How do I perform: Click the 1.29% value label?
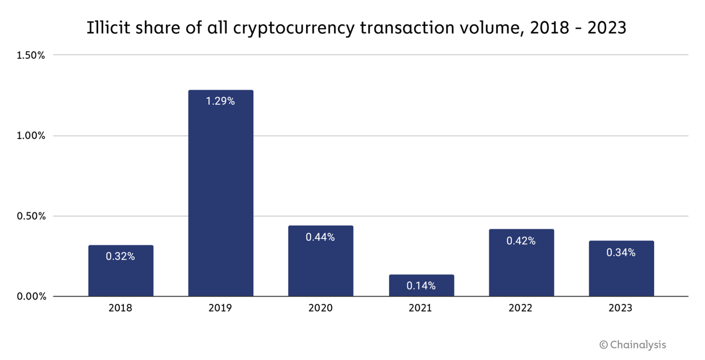[221, 101]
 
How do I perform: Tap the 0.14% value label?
[421, 286]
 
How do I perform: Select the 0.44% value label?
[320, 237]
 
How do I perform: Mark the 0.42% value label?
[521, 241]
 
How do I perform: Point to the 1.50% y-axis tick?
[31, 55]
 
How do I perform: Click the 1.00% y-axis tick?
[31, 136]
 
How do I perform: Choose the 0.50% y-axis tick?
[31, 217]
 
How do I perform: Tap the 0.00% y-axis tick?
[31, 297]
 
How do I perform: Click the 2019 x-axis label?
[221, 308]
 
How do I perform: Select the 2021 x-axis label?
[421, 308]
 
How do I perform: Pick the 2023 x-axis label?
[621, 308]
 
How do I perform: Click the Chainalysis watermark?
[633, 345]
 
